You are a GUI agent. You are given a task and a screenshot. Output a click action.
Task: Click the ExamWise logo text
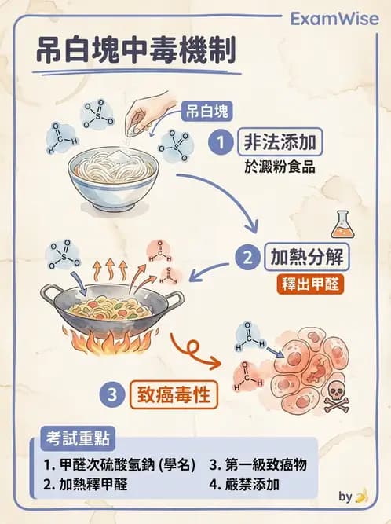(333, 18)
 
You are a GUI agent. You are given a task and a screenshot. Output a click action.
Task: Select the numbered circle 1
(222, 142)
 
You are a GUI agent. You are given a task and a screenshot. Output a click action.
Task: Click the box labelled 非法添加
(280, 143)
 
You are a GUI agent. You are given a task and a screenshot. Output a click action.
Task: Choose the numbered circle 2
(249, 257)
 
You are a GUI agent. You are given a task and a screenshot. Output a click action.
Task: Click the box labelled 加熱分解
(305, 257)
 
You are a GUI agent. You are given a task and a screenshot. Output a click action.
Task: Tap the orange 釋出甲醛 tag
(311, 284)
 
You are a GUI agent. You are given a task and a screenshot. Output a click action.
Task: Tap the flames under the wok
(111, 342)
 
